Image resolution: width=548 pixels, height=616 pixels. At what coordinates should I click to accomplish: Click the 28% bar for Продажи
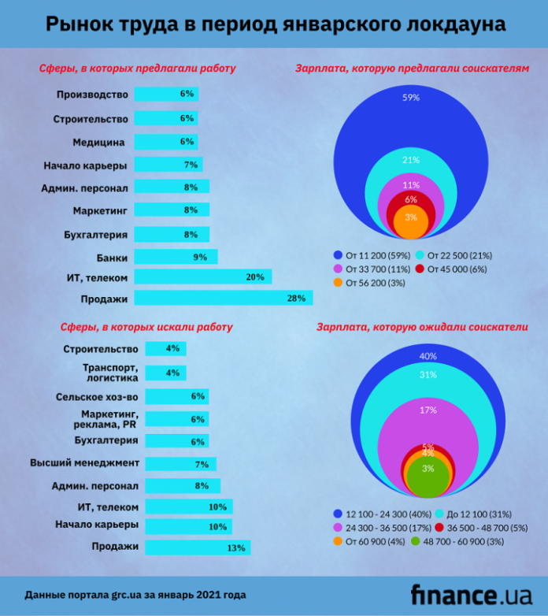[x=223, y=298]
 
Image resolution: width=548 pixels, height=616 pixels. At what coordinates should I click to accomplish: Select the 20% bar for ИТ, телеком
[x=202, y=276]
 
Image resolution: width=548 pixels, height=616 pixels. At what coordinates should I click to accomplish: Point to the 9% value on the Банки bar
[x=199, y=257]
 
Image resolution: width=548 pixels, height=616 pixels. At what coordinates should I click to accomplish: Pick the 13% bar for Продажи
[x=197, y=547]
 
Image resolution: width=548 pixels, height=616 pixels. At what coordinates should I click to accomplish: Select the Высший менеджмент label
[x=84, y=462]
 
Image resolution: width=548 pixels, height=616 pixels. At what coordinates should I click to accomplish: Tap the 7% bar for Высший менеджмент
[x=180, y=464]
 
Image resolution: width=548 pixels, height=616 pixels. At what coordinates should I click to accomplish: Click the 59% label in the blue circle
[x=410, y=98]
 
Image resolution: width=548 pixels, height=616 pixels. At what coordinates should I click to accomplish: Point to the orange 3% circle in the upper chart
[x=410, y=221]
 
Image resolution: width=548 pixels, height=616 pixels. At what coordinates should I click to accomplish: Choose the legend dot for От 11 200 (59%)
[x=338, y=254]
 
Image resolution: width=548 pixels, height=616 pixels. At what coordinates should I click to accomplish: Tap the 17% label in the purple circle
[x=428, y=410]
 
